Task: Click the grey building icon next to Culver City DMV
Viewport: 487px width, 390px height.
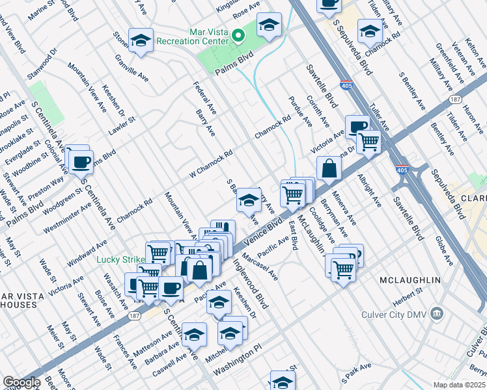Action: [x=437, y=315]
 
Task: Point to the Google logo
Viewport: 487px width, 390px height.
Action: [x=21, y=383]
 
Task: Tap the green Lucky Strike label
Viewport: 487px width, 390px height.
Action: [x=120, y=259]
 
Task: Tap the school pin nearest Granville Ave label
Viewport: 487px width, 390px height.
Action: [x=140, y=40]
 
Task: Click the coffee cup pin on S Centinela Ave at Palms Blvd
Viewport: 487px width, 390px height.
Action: [x=81, y=161]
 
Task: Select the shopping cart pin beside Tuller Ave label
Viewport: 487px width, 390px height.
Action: [x=369, y=140]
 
